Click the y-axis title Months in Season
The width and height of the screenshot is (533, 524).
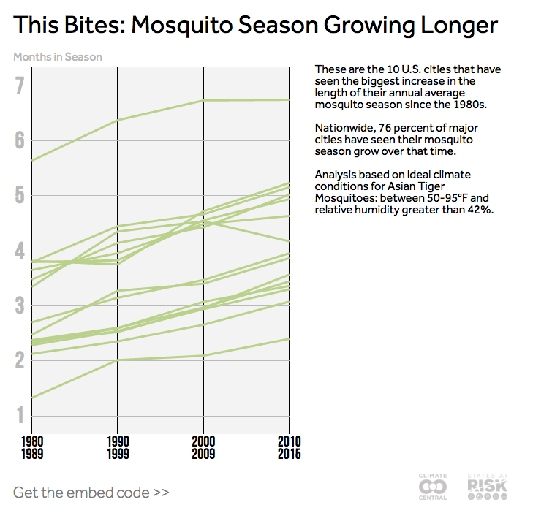(58, 56)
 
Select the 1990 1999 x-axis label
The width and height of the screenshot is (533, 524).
(117, 448)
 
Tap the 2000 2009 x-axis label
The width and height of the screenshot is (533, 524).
(203, 448)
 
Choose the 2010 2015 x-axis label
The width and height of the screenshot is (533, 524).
(289, 448)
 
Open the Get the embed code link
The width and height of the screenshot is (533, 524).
(91, 492)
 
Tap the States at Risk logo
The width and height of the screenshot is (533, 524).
(486, 487)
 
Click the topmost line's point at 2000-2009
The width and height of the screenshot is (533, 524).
(203, 100)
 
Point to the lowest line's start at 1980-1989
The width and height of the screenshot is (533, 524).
(31, 398)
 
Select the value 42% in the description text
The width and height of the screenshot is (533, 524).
(477, 210)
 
